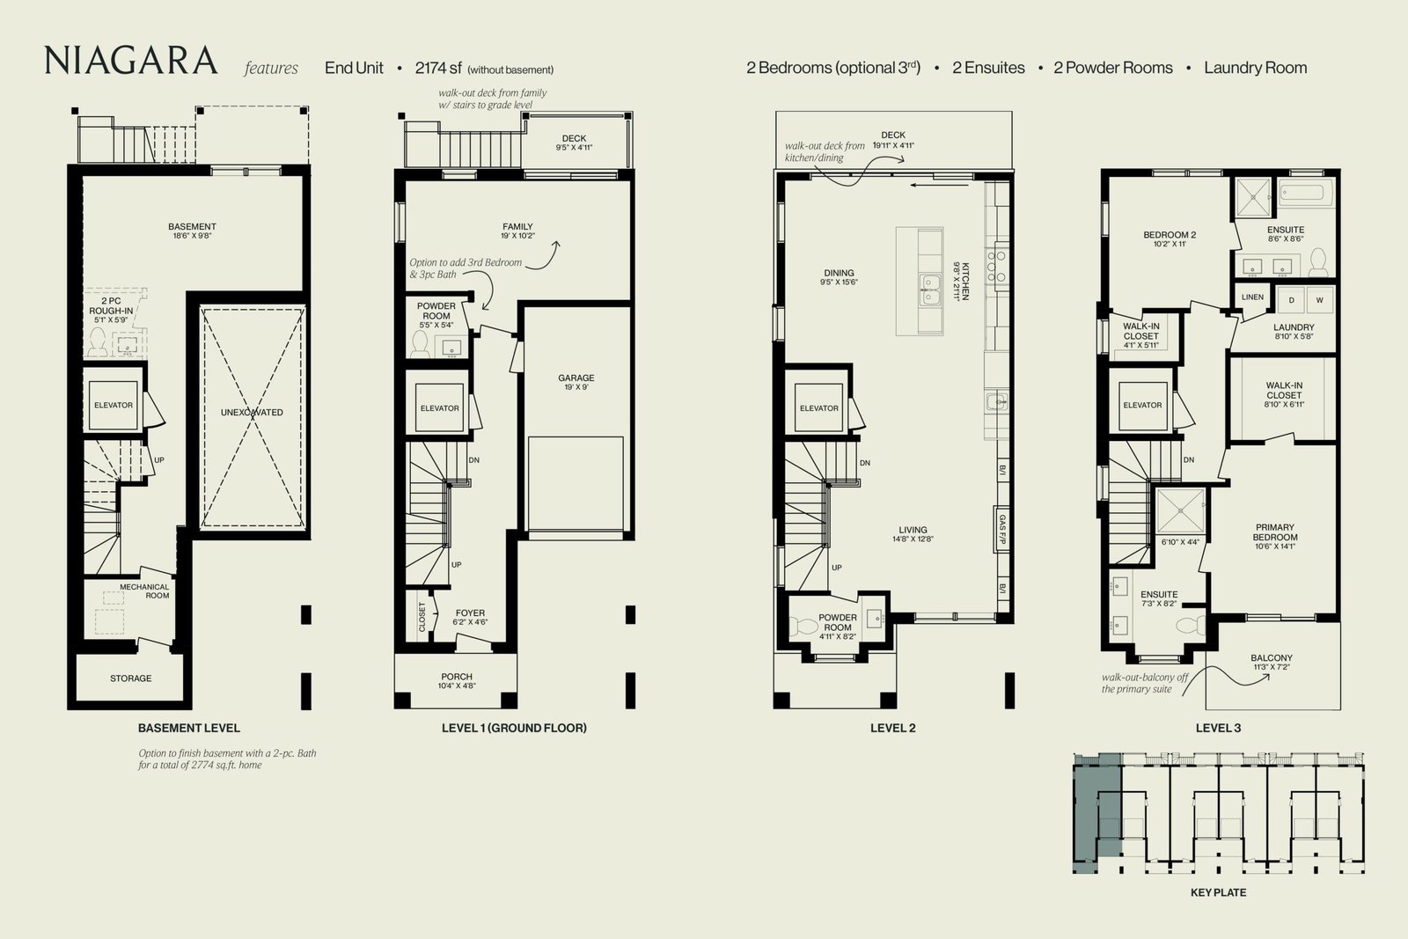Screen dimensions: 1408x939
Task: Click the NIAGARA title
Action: (131, 61)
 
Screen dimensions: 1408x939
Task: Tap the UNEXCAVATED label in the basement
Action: (252, 413)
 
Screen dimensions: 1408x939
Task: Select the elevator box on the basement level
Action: (114, 406)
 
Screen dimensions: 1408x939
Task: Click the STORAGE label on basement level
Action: (131, 679)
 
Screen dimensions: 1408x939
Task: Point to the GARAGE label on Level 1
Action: (576, 378)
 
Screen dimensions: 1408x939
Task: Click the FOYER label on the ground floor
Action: (470, 613)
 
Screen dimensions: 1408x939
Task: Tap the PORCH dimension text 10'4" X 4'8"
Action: (457, 686)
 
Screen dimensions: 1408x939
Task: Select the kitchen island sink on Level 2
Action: (929, 290)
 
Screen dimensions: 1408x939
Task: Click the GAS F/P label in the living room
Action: (1002, 529)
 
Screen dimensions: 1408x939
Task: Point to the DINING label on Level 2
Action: (839, 273)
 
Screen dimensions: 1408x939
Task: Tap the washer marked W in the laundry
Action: (1319, 300)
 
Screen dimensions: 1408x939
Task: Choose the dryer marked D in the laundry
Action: (1291, 300)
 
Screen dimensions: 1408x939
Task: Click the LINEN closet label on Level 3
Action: (1252, 297)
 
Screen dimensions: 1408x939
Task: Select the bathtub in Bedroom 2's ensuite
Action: (1306, 192)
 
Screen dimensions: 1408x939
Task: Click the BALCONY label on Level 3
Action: (1271, 658)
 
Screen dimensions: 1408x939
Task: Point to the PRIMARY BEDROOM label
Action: (1275, 532)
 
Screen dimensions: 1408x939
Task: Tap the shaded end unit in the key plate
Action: (1096, 814)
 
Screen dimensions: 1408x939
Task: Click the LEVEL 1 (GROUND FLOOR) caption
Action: (514, 728)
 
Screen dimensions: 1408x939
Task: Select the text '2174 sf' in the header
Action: (438, 68)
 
